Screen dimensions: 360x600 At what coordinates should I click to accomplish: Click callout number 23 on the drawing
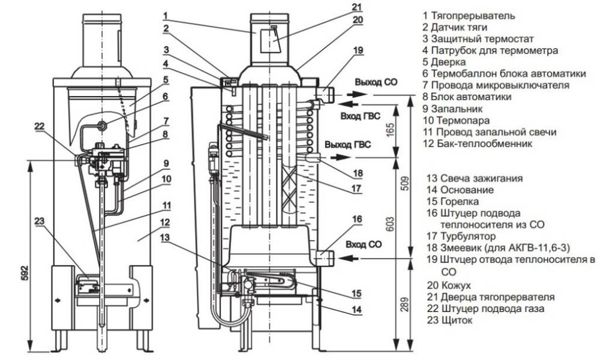pos(39,220)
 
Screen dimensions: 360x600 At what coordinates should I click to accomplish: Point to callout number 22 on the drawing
pos(39,126)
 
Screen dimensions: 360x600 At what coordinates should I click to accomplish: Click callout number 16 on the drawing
pos(357,220)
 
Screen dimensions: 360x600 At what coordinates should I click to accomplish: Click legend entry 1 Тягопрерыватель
pos(468,16)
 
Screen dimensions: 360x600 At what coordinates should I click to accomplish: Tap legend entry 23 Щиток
pos(451,321)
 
